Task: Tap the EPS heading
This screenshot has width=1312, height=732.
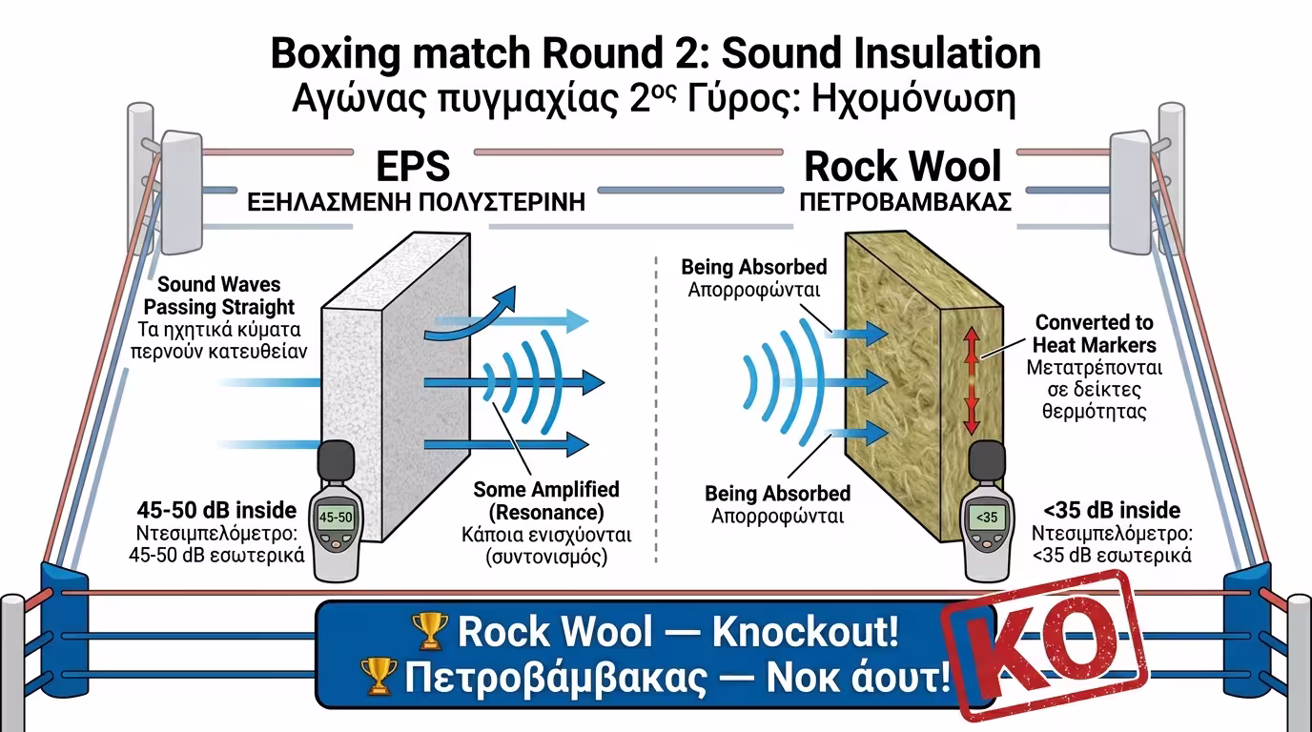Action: pyautogui.click(x=413, y=167)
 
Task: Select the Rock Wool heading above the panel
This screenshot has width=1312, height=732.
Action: pyautogui.click(x=903, y=167)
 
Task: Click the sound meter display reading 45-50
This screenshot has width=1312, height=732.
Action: pyautogui.click(x=335, y=517)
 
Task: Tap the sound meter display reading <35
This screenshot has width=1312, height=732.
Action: pyautogui.click(x=986, y=517)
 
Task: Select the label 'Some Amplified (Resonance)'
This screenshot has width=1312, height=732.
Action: pyautogui.click(x=546, y=500)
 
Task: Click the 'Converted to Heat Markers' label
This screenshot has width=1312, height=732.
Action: pyautogui.click(x=1095, y=334)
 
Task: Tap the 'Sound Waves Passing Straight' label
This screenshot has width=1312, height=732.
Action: pyautogui.click(x=226, y=295)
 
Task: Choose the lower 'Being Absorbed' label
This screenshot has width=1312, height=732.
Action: pyautogui.click(x=777, y=493)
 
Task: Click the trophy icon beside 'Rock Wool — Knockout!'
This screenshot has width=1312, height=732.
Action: pyautogui.click(x=429, y=631)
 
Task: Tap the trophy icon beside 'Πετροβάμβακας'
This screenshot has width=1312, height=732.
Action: pyautogui.click(x=379, y=677)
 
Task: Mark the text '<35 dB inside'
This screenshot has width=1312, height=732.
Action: pyautogui.click(x=1112, y=510)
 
